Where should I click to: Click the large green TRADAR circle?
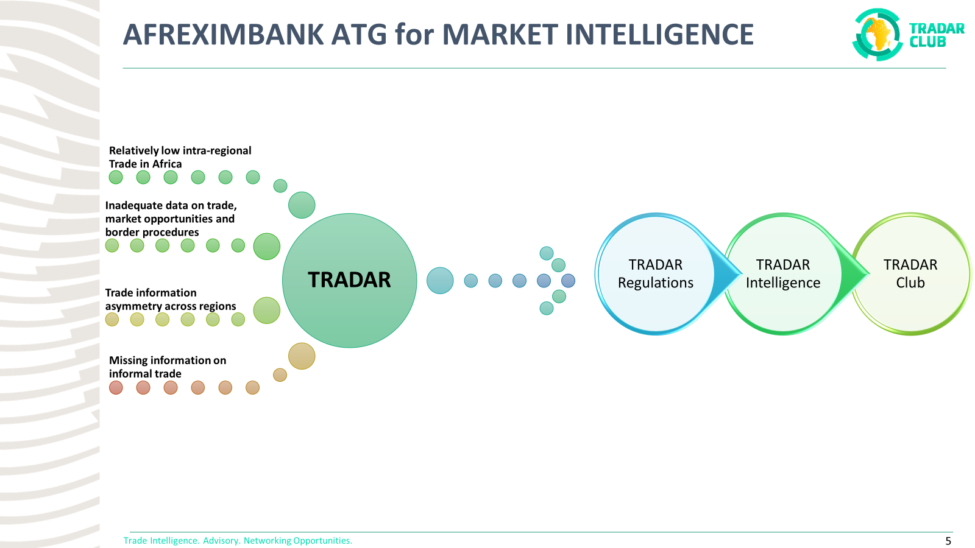pyautogui.click(x=349, y=280)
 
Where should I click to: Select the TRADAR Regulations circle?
pyautogui.click(x=655, y=274)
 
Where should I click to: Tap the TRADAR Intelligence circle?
pyautogui.click(x=783, y=274)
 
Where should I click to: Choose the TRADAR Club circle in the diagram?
pyautogui.click(x=910, y=274)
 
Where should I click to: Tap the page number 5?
pyautogui.click(x=948, y=541)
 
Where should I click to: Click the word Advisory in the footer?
pyautogui.click(x=221, y=541)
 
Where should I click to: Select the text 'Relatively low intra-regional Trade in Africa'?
pyautogui.click(x=180, y=157)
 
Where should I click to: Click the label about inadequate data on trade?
pyautogui.click(x=171, y=219)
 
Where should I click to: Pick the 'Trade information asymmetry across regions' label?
pyautogui.click(x=170, y=300)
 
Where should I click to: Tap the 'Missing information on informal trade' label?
pyautogui.click(x=167, y=367)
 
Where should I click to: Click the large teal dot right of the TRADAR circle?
pyautogui.click(x=440, y=281)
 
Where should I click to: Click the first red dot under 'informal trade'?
pyautogui.click(x=116, y=388)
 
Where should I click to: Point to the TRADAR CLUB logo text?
pyautogui.click(x=937, y=35)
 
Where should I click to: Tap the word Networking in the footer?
pyautogui.click(x=268, y=541)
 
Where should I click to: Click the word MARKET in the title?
pyautogui.click(x=500, y=35)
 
